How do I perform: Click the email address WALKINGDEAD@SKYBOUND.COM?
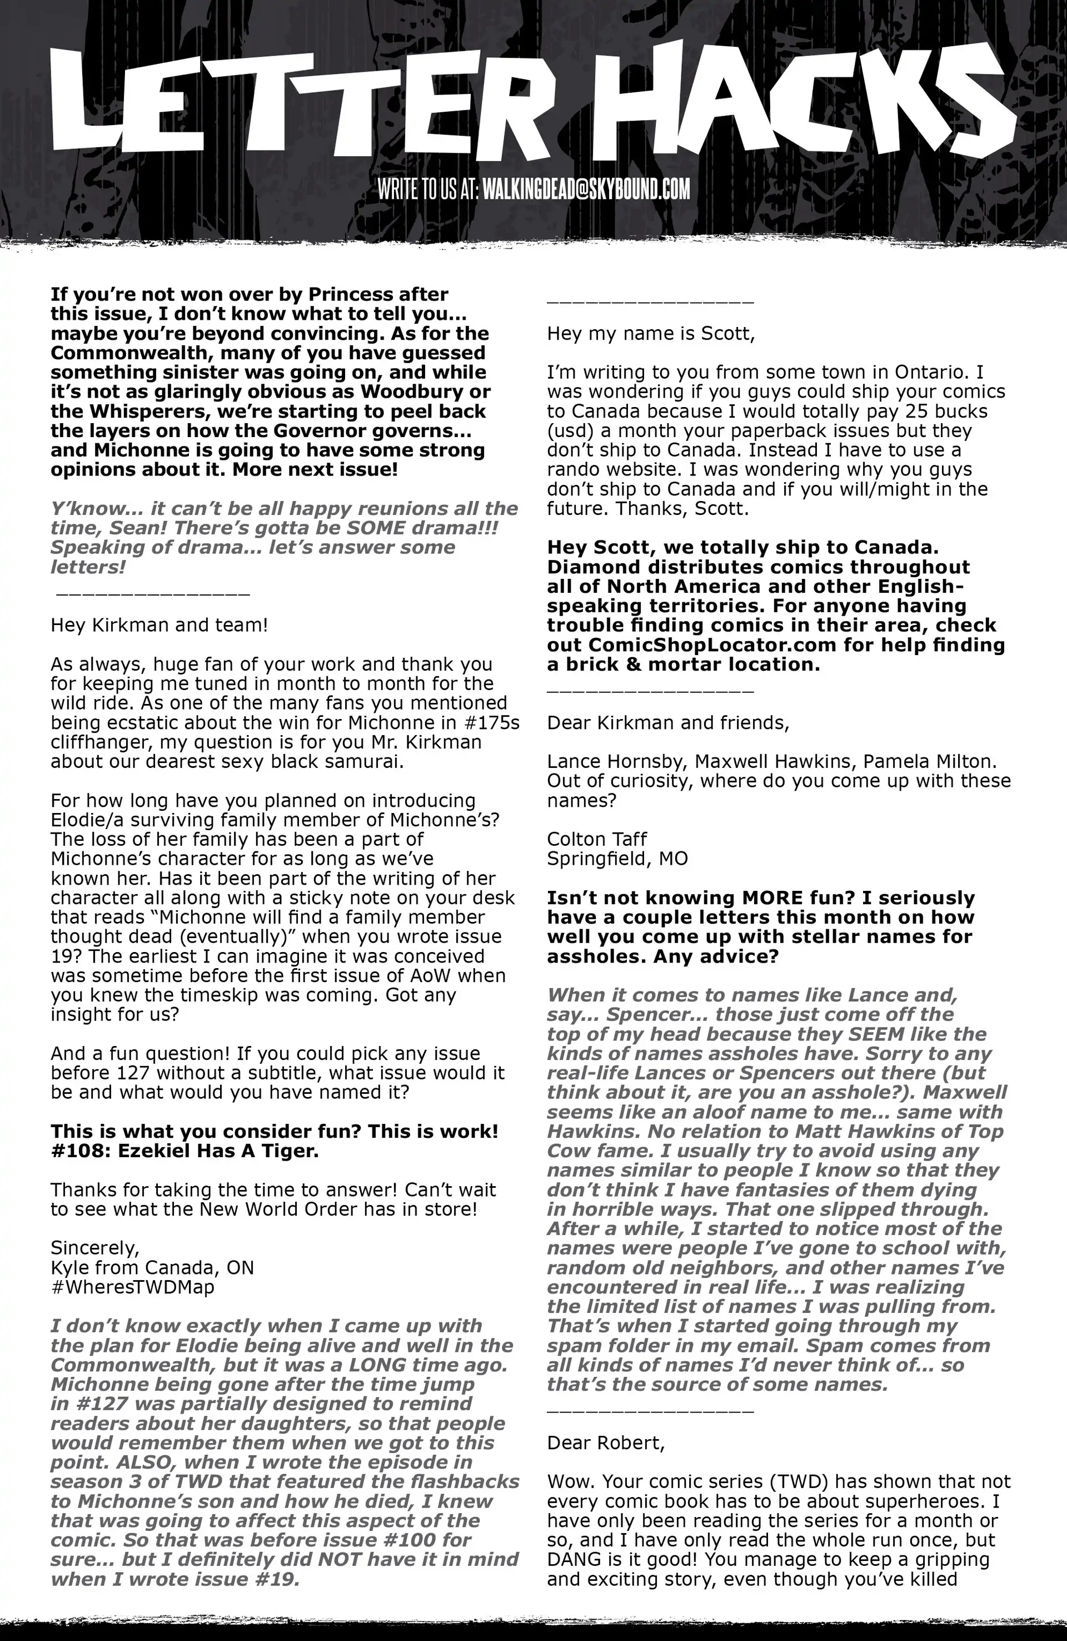click(x=586, y=189)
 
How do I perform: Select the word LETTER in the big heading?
click(x=303, y=103)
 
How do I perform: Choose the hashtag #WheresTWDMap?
click(x=132, y=1287)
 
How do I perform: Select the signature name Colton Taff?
click(x=597, y=839)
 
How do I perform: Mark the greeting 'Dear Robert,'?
click(x=606, y=1443)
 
